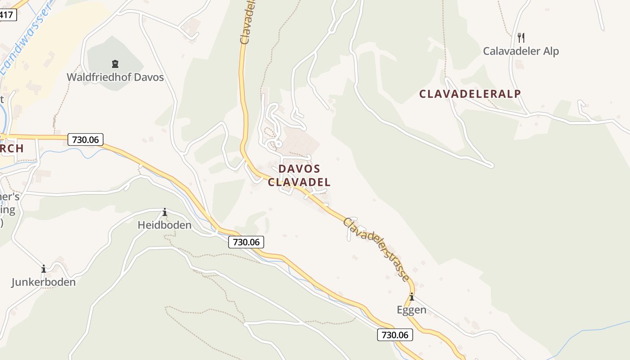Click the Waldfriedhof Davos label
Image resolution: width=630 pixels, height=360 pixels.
(115, 77)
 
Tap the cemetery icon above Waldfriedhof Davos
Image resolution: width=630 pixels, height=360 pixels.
(115, 64)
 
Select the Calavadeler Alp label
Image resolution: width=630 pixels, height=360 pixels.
(521, 51)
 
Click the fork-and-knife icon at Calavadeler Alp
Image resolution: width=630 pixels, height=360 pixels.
(521, 37)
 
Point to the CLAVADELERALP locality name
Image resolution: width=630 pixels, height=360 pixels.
(470, 94)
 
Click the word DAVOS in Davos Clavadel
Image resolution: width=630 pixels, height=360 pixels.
(299, 169)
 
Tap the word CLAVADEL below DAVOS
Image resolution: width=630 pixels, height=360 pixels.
(299, 182)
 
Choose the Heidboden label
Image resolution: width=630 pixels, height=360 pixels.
(164, 225)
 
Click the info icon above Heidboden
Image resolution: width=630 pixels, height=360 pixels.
(165, 212)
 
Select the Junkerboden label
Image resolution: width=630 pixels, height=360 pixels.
(43, 282)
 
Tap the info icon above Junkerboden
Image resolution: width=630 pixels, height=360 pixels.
(44, 269)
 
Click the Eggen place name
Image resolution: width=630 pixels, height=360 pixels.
(411, 310)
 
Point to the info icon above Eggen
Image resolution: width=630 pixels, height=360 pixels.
(411, 297)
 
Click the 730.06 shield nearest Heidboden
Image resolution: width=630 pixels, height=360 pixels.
(246, 242)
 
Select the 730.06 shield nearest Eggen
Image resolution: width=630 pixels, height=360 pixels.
(395, 335)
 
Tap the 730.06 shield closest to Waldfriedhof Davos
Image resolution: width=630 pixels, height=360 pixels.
(85, 139)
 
